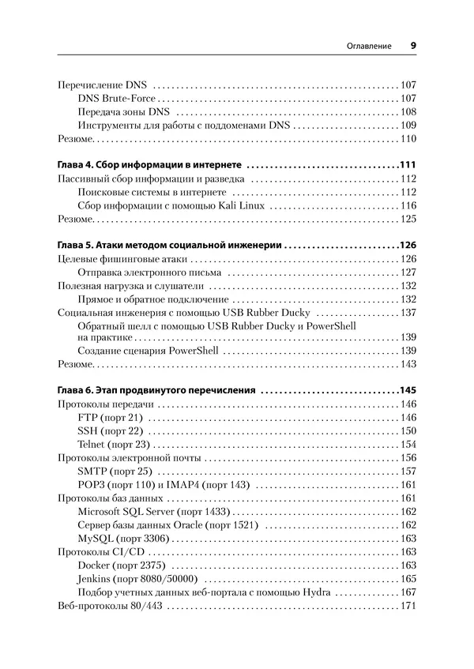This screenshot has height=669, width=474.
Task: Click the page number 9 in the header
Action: tap(413, 46)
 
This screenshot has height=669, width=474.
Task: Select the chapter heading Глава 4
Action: tap(151, 165)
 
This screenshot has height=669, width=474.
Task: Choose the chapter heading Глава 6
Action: tap(157, 390)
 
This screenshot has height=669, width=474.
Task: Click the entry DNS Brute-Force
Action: tap(117, 99)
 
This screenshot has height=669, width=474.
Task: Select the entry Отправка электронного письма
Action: tap(151, 272)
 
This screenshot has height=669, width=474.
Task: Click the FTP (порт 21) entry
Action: tap(110, 417)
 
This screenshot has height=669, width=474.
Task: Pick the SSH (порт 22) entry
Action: tap(110, 430)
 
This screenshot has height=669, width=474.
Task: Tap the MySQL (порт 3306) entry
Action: tap(120, 539)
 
